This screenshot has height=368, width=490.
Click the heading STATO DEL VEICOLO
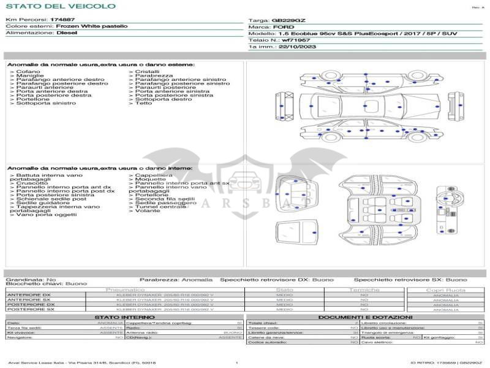click(60, 6)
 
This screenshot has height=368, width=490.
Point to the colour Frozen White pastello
click(92, 26)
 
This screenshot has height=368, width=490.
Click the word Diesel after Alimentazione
click(67, 33)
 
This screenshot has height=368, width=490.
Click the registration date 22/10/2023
click(297, 47)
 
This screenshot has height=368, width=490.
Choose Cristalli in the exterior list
click(147, 72)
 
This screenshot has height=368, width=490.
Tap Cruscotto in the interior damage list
click(32, 183)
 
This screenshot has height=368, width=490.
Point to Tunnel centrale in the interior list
click(160, 207)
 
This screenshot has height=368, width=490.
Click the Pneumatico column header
click(125, 289)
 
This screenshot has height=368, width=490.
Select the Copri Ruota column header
click(445, 289)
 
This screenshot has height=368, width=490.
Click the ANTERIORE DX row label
click(29, 295)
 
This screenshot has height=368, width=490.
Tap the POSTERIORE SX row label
click(30, 309)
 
